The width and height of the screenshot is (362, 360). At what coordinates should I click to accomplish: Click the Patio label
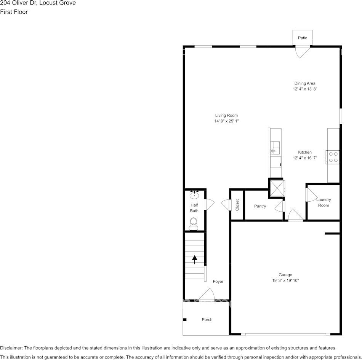303,38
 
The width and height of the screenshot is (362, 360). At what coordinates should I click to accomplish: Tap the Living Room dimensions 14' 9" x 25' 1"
226,121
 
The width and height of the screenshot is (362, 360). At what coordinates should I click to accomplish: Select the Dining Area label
305,83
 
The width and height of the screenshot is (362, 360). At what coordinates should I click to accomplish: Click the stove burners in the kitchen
333,157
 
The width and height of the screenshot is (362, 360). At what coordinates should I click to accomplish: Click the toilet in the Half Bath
194,223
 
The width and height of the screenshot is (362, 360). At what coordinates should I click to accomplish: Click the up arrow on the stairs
195,260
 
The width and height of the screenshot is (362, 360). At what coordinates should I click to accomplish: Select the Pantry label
260,206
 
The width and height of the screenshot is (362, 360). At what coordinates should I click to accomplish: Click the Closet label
237,205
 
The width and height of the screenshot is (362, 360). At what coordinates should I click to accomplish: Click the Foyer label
218,282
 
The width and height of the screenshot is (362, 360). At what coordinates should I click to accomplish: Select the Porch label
207,320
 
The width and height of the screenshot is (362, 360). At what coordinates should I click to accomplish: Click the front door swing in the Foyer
208,294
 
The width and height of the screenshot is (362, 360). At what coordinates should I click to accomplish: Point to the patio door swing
303,51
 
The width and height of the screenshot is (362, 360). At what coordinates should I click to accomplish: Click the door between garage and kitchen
295,215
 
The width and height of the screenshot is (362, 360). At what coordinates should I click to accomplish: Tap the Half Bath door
209,204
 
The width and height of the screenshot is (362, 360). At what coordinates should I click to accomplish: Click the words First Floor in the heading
14,12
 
